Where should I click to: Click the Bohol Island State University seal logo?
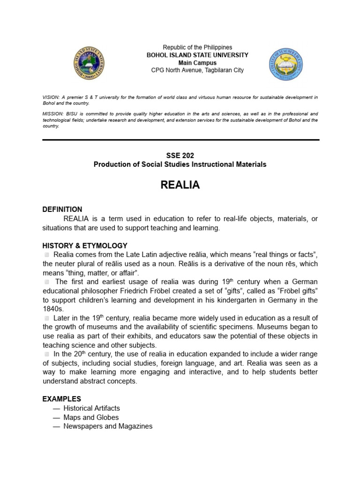coord(90,64)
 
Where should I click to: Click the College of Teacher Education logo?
coord(286,64)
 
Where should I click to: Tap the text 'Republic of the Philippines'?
coord(197,47)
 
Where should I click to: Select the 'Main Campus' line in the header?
coord(197,63)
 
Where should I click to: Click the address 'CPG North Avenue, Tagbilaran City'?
coord(197,70)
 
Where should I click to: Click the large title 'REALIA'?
coord(180,185)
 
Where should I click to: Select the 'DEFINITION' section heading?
coord(62,210)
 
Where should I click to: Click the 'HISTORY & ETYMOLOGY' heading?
coord(85,246)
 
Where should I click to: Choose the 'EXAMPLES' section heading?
coord(62,399)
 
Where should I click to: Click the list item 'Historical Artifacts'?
coord(92,408)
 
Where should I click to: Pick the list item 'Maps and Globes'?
coord(91,417)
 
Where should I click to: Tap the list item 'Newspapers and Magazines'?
coord(108,426)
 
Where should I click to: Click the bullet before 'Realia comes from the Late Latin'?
coord(47,255)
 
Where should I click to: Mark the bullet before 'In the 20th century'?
coord(47,354)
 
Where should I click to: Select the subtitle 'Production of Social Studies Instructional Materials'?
coord(180,165)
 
